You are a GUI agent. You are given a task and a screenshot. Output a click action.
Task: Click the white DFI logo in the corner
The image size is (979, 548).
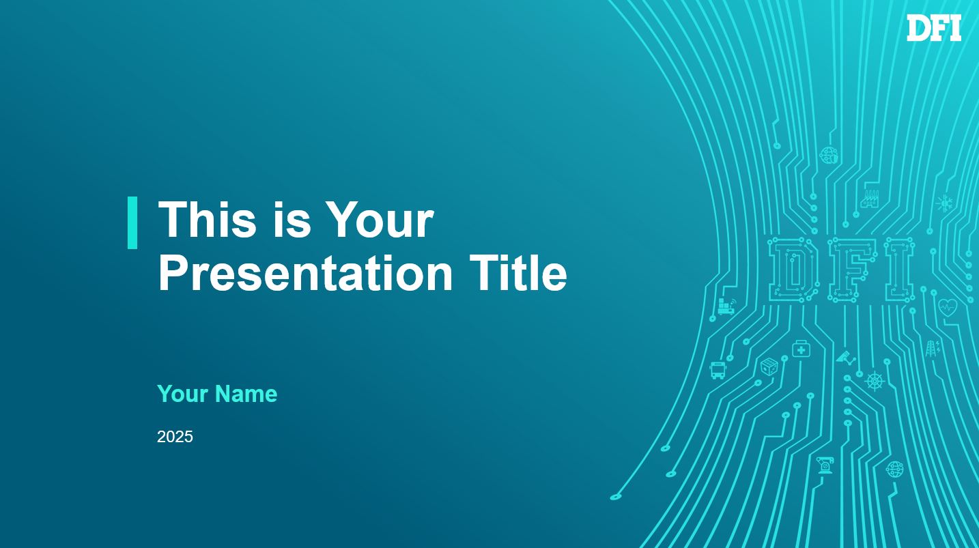click(x=934, y=28)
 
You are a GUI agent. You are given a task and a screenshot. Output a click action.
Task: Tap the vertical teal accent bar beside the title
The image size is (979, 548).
click(x=132, y=223)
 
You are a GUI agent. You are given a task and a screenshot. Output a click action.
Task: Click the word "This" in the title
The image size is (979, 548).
click(x=207, y=219)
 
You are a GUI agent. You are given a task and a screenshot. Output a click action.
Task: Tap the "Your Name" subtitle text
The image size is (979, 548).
click(x=217, y=394)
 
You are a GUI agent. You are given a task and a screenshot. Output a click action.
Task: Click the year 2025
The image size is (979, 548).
click(x=175, y=437)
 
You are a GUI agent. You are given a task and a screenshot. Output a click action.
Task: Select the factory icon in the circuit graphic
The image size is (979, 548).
click(x=869, y=199)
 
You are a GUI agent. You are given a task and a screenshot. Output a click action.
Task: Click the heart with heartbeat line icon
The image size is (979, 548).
click(x=948, y=308)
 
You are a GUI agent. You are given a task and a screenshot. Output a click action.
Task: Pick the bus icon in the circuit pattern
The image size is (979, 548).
click(x=718, y=370)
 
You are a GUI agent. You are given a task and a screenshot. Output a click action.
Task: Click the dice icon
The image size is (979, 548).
click(x=769, y=366)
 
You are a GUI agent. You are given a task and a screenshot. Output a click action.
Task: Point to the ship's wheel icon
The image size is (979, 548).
click(x=875, y=381)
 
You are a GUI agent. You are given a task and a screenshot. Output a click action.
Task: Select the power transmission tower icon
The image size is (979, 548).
click(x=933, y=348)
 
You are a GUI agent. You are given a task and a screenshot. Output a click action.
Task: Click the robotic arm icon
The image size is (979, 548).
click(x=825, y=465)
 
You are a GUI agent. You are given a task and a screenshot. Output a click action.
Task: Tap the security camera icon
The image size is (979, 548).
click(x=846, y=358)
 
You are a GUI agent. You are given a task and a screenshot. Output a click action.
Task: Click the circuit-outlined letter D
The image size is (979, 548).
click(x=793, y=270)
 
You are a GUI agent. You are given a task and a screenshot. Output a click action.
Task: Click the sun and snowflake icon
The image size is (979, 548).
click(x=944, y=203)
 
